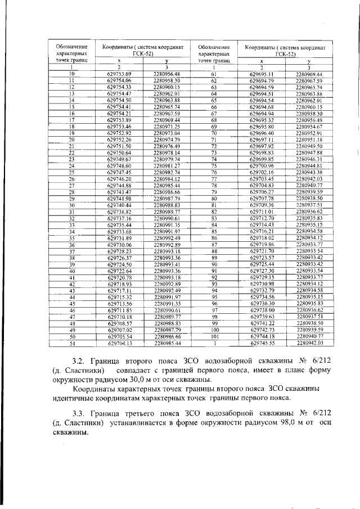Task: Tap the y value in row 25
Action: [x=166, y=172]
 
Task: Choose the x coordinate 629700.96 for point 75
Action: [x=261, y=166]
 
